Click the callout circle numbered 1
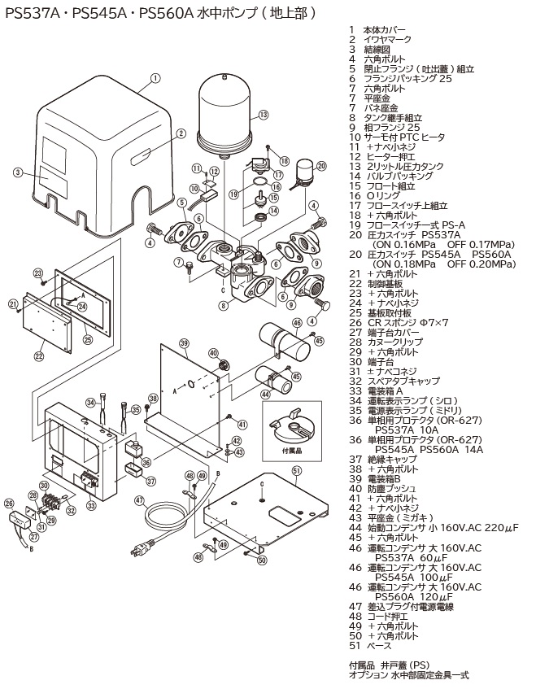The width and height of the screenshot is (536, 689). click(155, 80)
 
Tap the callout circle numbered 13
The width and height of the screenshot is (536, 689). click(264, 115)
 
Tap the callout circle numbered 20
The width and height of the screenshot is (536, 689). click(321, 166)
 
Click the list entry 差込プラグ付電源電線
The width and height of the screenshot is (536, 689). click(412, 607)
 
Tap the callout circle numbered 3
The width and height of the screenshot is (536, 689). click(17, 172)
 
